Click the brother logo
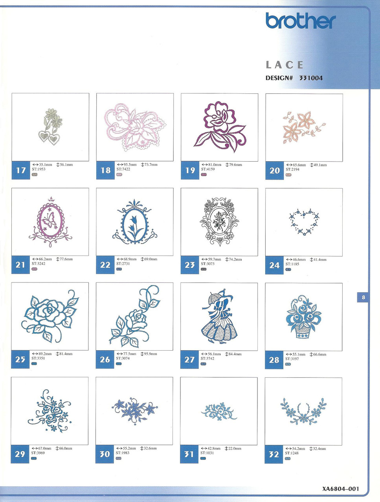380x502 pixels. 301,21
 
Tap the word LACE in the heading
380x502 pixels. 285,65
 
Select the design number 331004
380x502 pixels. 311,78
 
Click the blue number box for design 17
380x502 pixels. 21,170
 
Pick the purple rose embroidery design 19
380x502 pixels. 220,127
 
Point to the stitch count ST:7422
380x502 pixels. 123,169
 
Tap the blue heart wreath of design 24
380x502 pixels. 304,222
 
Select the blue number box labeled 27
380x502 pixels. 189,359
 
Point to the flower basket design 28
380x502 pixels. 304,317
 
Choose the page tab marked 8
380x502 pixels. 363,297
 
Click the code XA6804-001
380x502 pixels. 341,489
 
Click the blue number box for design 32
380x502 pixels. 274,454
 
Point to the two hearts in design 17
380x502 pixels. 50,137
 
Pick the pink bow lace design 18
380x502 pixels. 135,127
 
